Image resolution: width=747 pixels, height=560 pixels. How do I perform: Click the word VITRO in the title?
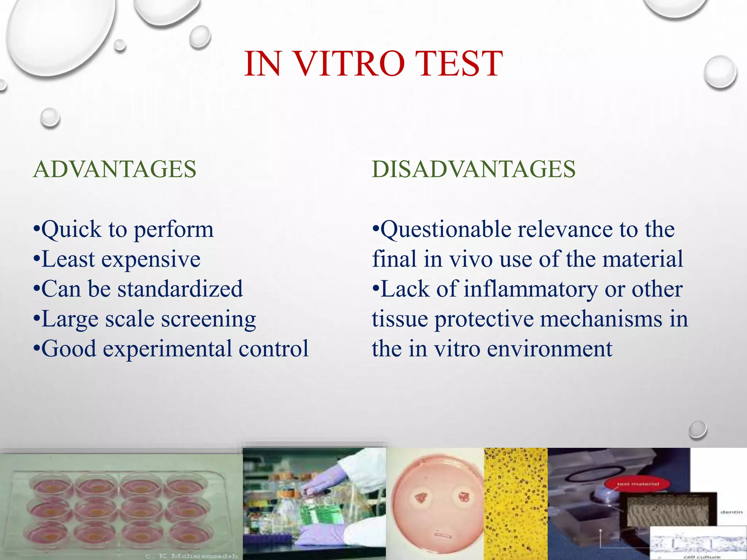tap(349, 64)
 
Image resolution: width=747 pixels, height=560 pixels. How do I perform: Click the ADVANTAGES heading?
tap(115, 169)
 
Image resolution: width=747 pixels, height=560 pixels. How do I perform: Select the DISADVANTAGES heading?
tap(473, 169)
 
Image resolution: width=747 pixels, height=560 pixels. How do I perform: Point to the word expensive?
tap(151, 260)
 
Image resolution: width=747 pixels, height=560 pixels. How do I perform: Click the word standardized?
tap(180, 289)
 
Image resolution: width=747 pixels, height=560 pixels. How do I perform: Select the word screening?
tap(208, 319)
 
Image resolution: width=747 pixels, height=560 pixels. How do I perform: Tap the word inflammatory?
tap(531, 289)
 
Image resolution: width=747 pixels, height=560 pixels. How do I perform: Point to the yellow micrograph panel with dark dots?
tap(515, 503)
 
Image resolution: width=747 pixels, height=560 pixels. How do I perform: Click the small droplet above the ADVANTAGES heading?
tap(50, 117)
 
